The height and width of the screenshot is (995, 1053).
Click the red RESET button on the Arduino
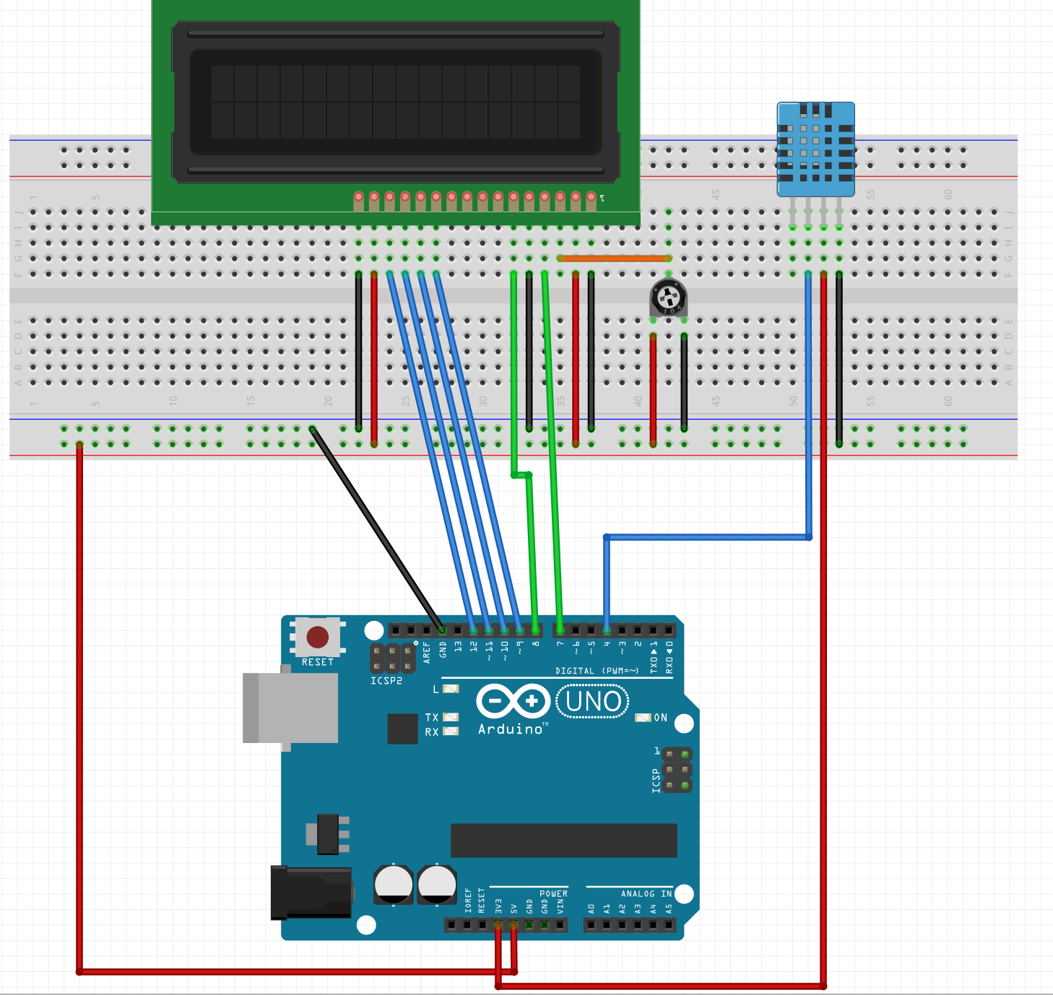[318, 637]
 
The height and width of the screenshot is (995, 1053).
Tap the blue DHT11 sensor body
[815, 149]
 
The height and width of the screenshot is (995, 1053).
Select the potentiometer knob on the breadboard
[668, 297]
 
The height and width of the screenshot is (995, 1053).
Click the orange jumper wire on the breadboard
[614, 258]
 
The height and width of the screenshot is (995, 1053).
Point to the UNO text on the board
[593, 701]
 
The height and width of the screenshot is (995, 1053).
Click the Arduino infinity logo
[513, 701]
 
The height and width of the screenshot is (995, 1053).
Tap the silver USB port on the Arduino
[291, 708]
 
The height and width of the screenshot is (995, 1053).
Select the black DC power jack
[311, 892]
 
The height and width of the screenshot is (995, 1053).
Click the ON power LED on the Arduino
[642, 718]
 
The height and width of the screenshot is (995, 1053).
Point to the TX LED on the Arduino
[451, 717]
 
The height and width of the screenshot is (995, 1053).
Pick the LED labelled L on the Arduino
[451, 689]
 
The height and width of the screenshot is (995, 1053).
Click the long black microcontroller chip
[563, 840]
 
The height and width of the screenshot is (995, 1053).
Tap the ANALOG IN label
[646, 894]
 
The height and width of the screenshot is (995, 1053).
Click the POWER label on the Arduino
[553, 894]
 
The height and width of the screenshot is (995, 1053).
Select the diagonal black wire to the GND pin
[376, 527]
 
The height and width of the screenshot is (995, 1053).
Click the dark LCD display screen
[396, 102]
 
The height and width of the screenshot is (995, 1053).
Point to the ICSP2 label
[386, 681]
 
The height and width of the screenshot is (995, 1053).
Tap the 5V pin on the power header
[513, 925]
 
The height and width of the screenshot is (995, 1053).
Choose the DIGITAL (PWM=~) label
[597, 671]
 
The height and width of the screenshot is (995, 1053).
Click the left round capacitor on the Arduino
[394, 884]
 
